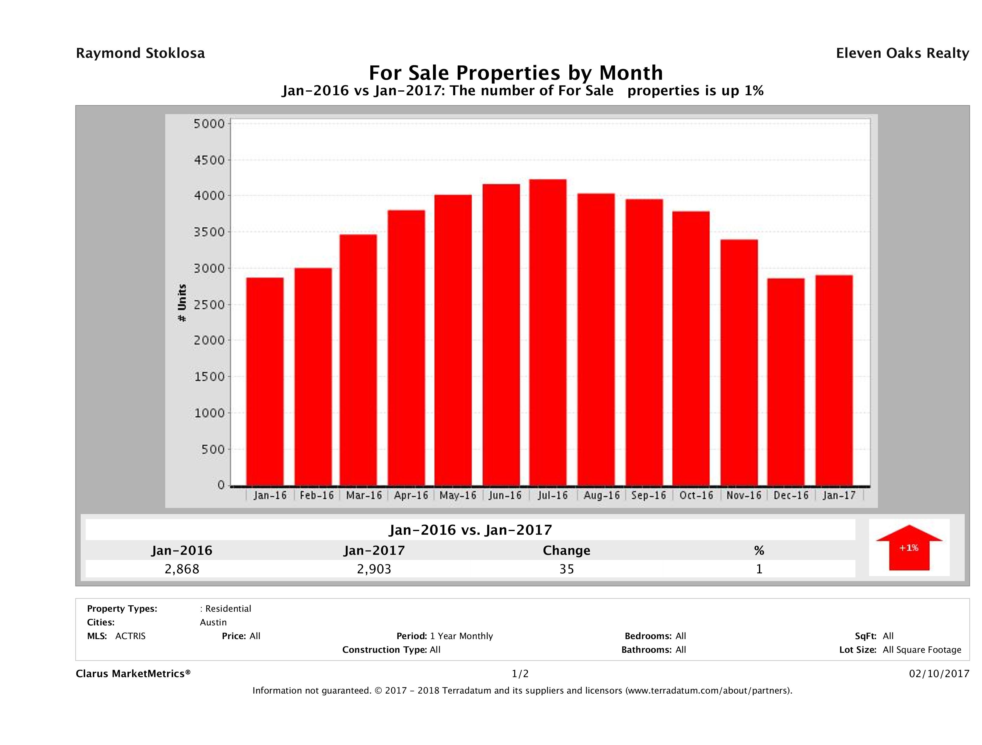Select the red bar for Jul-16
pos(548,333)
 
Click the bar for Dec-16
pos(786,382)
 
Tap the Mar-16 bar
pos(358,360)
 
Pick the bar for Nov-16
pos(739,362)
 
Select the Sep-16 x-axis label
pos(648,495)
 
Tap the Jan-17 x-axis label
pos(839,495)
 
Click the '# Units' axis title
pos(182,303)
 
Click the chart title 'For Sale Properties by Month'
pos(515,72)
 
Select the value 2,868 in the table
pos(182,569)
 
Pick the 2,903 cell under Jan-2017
pos(374,569)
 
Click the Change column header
pos(567,551)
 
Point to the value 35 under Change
pos(567,569)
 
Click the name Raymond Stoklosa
pos(140,53)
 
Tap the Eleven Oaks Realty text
pos(902,53)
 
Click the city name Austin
pos(213,622)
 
